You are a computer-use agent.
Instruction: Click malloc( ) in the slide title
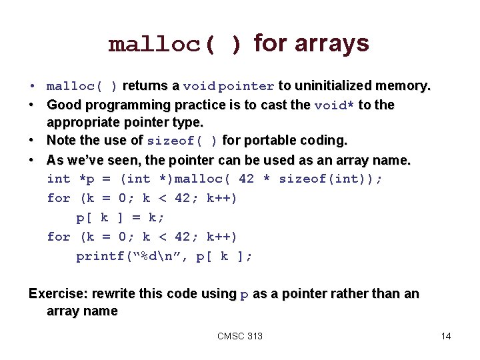pos(175,45)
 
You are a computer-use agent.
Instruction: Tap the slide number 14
pos(446,336)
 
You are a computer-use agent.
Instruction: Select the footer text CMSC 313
pos(240,336)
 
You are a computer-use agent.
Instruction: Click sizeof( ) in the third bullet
pos(182,141)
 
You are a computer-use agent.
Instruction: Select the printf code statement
pos(164,256)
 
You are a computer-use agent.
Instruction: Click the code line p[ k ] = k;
pos(121,217)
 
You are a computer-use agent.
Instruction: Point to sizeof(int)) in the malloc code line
pos(331,179)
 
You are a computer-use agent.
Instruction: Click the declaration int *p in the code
pos(71,179)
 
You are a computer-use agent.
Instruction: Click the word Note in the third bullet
pos(61,141)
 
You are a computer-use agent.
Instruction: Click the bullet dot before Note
pos(33,141)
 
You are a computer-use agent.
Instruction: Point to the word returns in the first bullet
pos(146,86)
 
